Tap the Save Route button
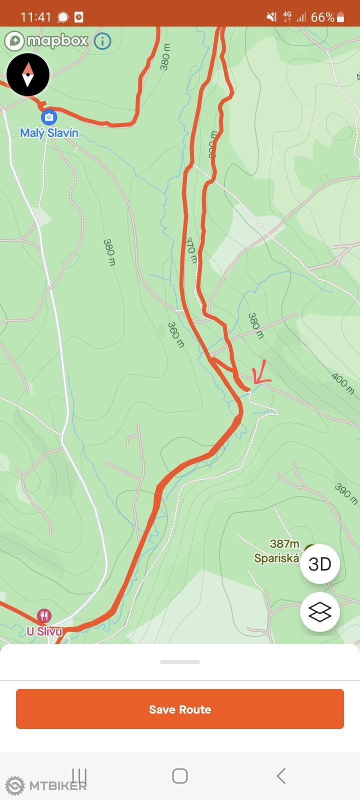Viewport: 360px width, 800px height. pyautogui.click(x=180, y=709)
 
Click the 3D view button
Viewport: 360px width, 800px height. pyautogui.click(x=320, y=564)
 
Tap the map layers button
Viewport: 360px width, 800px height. pyautogui.click(x=320, y=612)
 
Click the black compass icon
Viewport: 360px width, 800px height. pyautogui.click(x=28, y=74)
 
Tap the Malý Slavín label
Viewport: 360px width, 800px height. pyautogui.click(x=49, y=133)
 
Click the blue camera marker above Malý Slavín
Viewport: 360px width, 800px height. pyautogui.click(x=48, y=117)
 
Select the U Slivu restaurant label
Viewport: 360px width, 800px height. pyautogui.click(x=44, y=631)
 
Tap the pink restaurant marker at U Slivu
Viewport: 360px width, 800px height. pyautogui.click(x=44, y=615)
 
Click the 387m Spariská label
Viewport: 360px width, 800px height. pyautogui.click(x=277, y=551)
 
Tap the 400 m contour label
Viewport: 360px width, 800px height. pyautogui.click(x=342, y=383)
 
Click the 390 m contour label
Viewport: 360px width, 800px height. pyautogui.click(x=346, y=494)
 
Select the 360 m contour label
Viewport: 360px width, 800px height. pyautogui.click(x=175, y=334)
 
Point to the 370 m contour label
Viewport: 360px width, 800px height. pyautogui.click(x=191, y=250)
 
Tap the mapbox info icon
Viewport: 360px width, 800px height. pyautogui.click(x=102, y=40)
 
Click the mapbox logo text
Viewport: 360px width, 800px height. pyautogui.click(x=57, y=40)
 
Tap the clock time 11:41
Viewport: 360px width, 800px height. pyautogui.click(x=35, y=17)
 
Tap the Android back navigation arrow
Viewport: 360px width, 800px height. pyautogui.click(x=281, y=776)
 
